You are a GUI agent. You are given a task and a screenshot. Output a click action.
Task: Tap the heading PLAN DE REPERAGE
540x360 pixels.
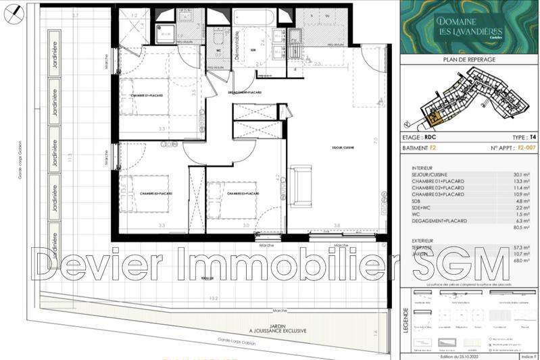(468, 60)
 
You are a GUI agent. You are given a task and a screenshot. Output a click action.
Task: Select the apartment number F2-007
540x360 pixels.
(517, 147)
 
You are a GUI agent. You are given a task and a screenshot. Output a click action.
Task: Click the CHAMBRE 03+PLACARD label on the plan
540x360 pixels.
(245, 194)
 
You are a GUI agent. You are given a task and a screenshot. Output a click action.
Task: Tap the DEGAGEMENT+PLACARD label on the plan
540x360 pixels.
(244, 93)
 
